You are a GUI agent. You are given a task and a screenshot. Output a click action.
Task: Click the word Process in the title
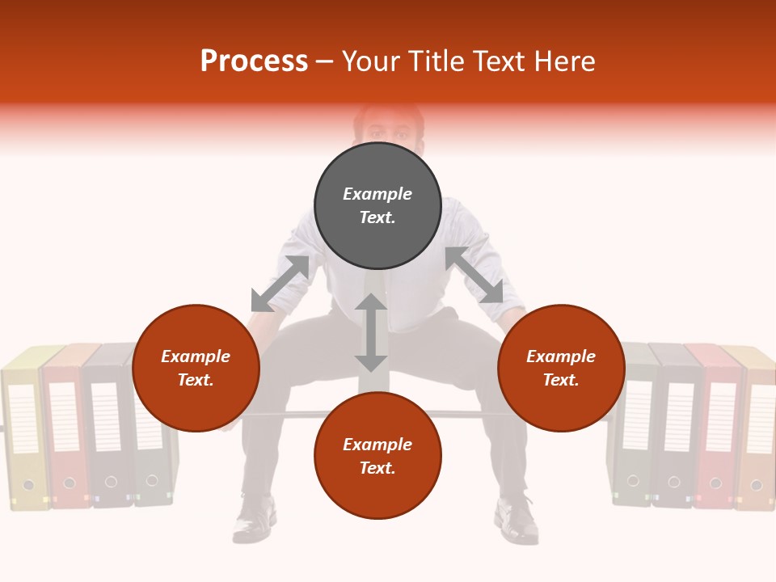254,61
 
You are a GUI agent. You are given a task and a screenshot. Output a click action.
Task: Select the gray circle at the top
377,205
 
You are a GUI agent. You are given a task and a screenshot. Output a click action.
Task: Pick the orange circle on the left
196,369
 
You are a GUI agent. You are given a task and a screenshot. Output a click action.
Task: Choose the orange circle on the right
561,369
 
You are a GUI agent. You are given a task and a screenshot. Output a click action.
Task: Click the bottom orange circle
377,456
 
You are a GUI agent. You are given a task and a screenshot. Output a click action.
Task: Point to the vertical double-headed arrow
371,332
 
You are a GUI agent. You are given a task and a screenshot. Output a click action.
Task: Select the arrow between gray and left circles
280,284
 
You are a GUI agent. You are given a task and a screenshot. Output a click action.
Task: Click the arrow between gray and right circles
474,276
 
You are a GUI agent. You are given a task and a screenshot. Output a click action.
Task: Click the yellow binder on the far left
22,428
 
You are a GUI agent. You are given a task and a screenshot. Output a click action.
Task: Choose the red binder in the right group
714,428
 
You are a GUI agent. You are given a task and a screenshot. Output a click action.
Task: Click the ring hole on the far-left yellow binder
29,485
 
